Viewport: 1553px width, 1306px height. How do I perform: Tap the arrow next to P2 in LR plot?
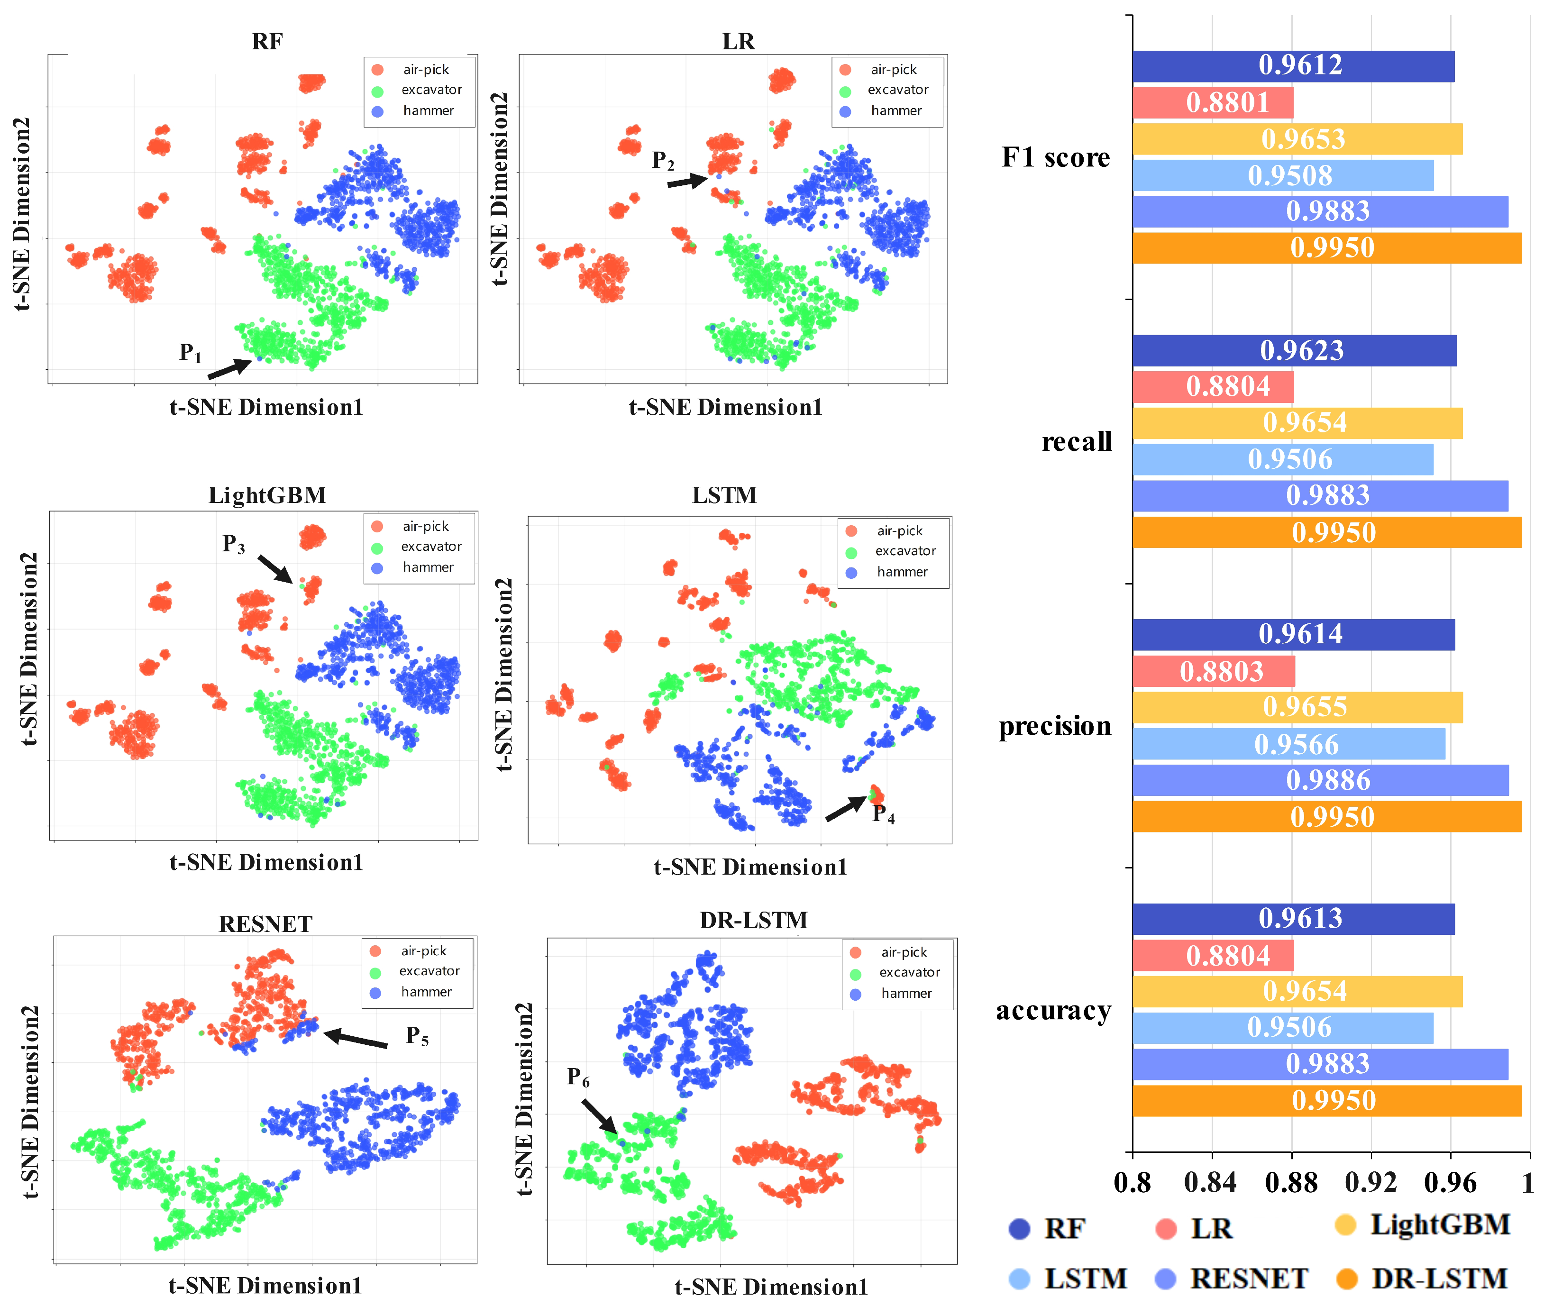pyautogui.click(x=687, y=181)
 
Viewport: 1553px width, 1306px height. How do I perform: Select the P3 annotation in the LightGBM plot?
pyautogui.click(x=233, y=544)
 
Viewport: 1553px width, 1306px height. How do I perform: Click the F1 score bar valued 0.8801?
pyautogui.click(x=1213, y=103)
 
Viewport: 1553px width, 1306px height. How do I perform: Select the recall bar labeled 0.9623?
pyautogui.click(x=1294, y=350)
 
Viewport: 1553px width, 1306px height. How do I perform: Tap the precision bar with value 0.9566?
pyautogui.click(x=1288, y=744)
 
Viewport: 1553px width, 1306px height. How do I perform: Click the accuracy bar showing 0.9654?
pyautogui.click(x=1297, y=991)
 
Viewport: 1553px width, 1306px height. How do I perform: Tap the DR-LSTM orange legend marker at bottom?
pyautogui.click(x=1346, y=1279)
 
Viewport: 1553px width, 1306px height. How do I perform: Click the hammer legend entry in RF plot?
pyautogui.click(x=427, y=111)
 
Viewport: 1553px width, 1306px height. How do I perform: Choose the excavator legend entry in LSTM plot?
pyautogui.click(x=904, y=551)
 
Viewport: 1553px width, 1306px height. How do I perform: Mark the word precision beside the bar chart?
pyautogui.click(x=1054, y=726)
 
